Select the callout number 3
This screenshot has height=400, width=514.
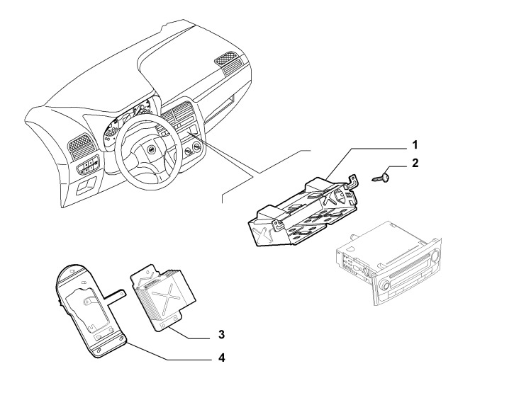pyautogui.click(x=222, y=333)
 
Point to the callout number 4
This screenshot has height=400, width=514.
pyautogui.click(x=222, y=358)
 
